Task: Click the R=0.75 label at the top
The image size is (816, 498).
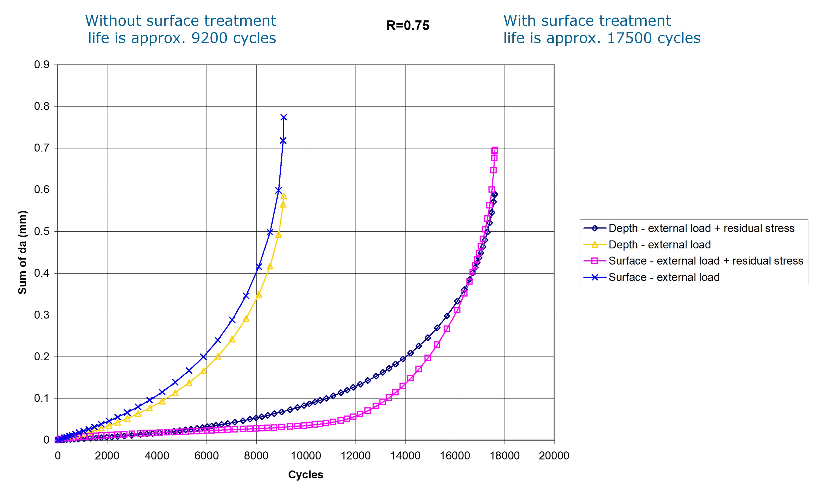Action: pos(408,25)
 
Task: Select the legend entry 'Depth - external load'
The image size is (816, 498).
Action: pos(659,245)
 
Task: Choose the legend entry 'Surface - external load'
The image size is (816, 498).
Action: pos(664,277)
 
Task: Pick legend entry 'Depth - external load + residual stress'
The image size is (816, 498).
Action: pos(701,228)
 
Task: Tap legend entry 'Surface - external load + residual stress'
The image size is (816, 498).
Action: pos(705,261)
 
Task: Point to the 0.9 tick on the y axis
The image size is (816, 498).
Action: pos(42,65)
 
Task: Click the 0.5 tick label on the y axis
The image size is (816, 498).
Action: pos(42,231)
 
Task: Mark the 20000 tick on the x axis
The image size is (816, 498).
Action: pos(554,456)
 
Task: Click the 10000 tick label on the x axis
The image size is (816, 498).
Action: pos(306,456)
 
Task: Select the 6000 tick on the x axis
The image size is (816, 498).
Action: pos(206,456)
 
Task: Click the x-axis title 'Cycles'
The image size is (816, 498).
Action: pos(305,474)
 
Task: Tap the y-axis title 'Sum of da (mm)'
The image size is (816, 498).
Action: pos(22,252)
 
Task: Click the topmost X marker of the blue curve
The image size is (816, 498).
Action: pos(284,117)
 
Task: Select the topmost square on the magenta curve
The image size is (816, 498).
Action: pos(495,150)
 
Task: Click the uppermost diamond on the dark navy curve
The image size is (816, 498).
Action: pos(495,194)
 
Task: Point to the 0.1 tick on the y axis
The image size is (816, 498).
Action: pos(42,398)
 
